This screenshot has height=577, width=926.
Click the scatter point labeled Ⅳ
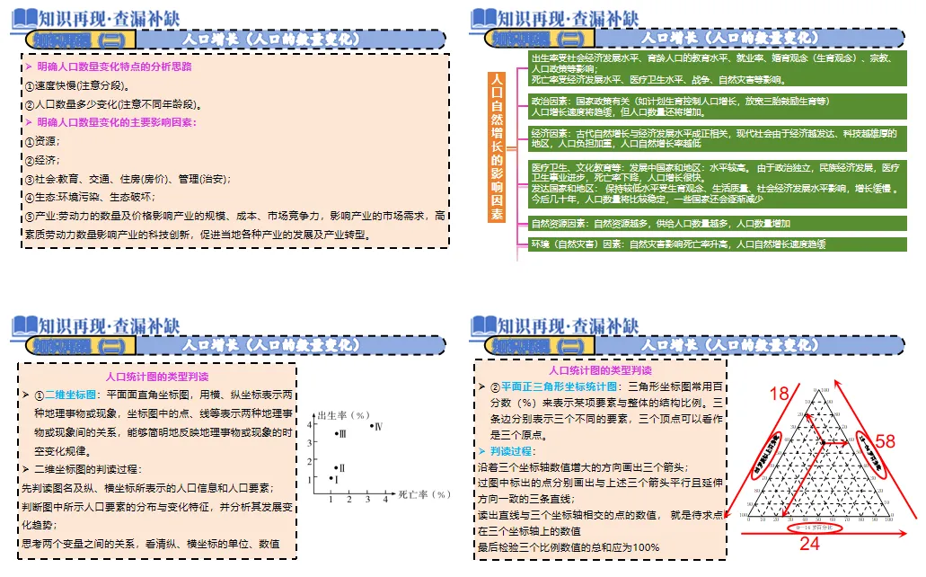[372, 425]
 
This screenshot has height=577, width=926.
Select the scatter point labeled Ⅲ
[336, 434]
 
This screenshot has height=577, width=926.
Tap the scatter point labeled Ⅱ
[336, 467]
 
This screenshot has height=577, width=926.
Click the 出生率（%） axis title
[351, 414]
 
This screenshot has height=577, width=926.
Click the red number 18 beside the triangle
[778, 393]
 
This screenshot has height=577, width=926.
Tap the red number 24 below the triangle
[809, 543]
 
